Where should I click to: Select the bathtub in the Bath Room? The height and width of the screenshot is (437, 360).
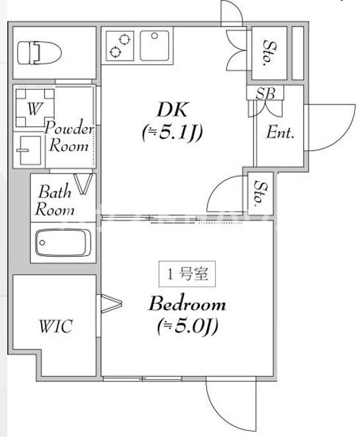tap(62, 242)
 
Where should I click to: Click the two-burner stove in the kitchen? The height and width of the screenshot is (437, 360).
tap(120, 44)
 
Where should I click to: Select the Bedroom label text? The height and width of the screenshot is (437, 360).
tap(187, 305)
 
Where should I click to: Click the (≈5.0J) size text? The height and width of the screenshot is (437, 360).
tap(188, 326)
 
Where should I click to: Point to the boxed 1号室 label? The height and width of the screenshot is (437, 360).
tap(187, 273)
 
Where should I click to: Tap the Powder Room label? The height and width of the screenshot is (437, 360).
tap(69, 137)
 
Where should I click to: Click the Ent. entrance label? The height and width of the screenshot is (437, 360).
tap(281, 132)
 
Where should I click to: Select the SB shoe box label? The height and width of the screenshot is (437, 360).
tap(265, 93)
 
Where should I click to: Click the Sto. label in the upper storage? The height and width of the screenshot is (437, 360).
tap(269, 53)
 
